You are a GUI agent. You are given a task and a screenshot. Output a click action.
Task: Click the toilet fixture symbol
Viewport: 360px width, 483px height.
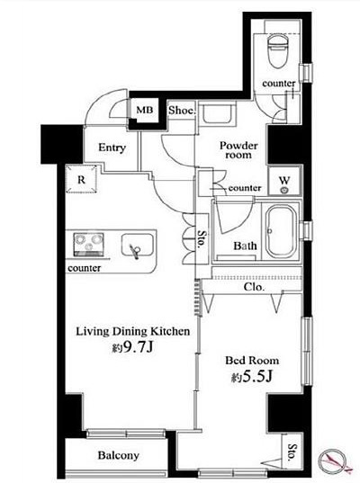(x=278, y=50)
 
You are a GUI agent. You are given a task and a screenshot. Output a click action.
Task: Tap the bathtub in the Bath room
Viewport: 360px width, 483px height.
(x=281, y=232)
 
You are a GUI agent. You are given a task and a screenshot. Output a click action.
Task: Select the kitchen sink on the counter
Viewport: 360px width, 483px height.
(x=137, y=246)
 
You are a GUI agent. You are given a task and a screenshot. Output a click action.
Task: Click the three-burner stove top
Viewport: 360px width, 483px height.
(x=88, y=245)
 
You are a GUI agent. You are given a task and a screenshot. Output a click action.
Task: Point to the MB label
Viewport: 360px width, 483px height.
(x=145, y=110)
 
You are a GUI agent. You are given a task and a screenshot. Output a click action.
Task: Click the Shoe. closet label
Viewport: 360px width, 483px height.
(x=182, y=111)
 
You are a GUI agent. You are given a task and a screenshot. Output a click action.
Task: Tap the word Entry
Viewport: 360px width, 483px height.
(x=112, y=148)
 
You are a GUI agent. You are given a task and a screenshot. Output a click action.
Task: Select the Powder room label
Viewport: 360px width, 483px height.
(x=238, y=150)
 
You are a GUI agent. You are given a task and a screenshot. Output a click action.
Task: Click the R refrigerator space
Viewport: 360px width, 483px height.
(x=81, y=179)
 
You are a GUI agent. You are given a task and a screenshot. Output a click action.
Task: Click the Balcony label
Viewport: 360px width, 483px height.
(x=119, y=455)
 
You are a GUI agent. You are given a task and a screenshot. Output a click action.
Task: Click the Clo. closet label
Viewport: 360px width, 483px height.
(x=254, y=287)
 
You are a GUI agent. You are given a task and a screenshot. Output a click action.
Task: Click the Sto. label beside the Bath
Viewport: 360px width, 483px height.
(x=202, y=239)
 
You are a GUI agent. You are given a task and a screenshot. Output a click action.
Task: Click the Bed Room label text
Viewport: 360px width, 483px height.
(x=252, y=361)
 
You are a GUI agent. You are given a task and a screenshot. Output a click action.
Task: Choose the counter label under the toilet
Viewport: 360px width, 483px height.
(x=279, y=83)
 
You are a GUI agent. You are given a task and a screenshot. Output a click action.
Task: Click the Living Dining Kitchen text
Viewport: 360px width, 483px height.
(x=133, y=332)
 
